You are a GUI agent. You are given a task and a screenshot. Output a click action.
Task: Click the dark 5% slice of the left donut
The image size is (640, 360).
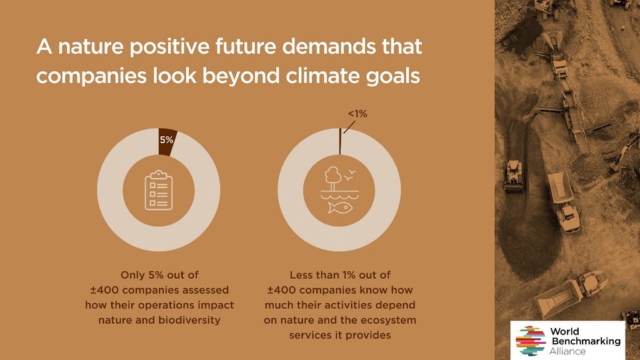click(x=166, y=142)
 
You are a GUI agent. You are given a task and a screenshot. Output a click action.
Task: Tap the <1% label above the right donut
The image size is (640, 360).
click(x=357, y=114)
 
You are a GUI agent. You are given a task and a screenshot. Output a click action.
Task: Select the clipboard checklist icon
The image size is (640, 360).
click(x=159, y=190)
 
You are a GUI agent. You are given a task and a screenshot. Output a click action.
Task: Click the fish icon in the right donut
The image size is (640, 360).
click(x=340, y=207)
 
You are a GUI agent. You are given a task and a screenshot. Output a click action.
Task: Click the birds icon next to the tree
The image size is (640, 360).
click(x=350, y=176)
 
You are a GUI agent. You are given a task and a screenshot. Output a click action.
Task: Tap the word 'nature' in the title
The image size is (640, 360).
click(x=91, y=47)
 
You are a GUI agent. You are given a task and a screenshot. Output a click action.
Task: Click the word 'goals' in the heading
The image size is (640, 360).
click(x=393, y=77)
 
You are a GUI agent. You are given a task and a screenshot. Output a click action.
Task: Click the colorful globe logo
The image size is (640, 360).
click(x=531, y=341)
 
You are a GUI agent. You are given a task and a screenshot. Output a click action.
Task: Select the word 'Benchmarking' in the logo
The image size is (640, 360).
click(x=586, y=341)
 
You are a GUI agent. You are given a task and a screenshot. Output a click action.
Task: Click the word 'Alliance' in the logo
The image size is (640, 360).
click(x=567, y=351)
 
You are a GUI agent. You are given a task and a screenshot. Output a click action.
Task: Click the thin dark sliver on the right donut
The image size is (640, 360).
click(x=340, y=141)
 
